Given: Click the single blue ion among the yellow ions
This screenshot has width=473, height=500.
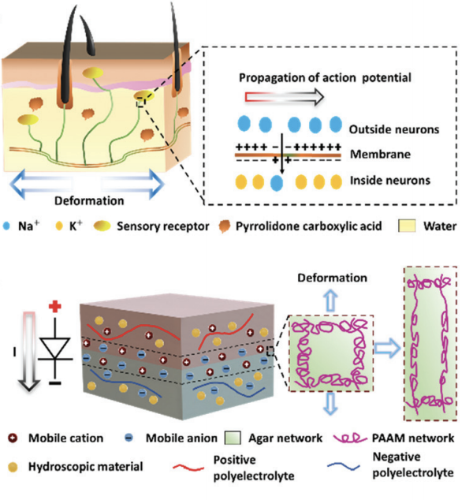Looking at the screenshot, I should (276, 181).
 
